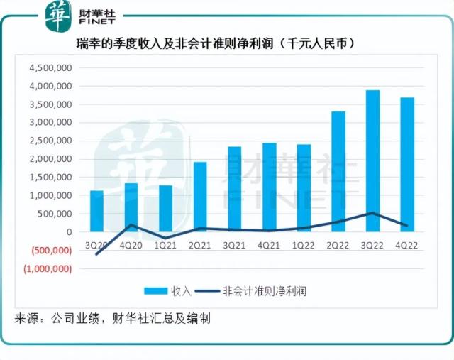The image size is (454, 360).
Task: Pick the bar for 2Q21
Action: tap(200, 197)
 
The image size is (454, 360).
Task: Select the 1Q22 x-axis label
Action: tap(304, 246)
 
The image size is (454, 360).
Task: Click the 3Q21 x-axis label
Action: tap(235, 246)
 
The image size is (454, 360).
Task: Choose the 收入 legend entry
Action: tap(167, 291)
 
